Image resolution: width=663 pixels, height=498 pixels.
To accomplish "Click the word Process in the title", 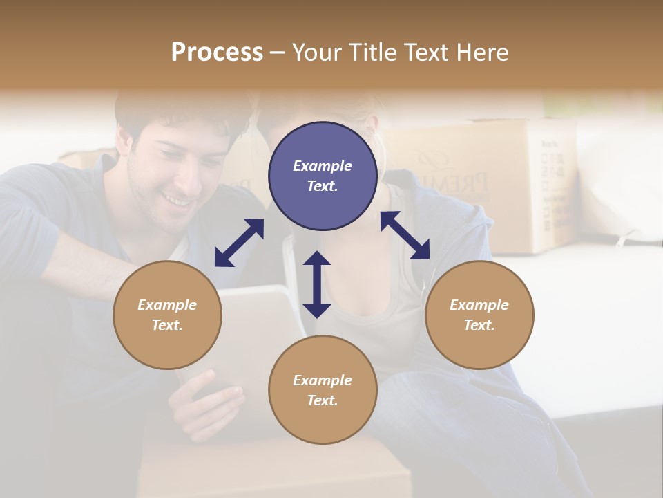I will pyautogui.click(x=217, y=53).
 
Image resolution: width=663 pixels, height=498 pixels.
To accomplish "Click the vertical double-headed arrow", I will pyautogui.click(x=317, y=284).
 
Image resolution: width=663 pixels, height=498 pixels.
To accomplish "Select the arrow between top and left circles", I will pyautogui.click(x=239, y=243).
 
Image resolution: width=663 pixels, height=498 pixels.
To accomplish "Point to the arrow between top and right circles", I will pyautogui.click(x=405, y=235).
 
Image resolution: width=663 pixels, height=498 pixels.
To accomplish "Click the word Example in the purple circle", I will pyautogui.click(x=323, y=166).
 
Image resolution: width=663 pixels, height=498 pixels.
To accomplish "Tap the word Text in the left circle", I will pyautogui.click(x=166, y=325).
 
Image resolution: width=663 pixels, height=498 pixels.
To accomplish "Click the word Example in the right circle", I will pyautogui.click(x=479, y=305).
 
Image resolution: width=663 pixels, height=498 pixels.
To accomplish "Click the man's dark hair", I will pyautogui.click(x=180, y=111).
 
